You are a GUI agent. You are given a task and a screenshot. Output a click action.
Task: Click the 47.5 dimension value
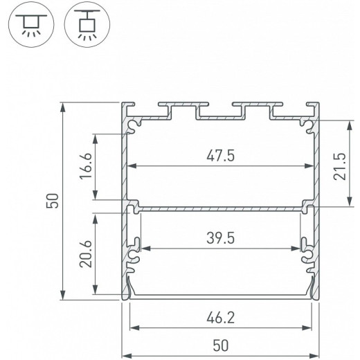click(220, 156)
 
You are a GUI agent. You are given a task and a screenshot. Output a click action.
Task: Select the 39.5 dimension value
click(220, 239)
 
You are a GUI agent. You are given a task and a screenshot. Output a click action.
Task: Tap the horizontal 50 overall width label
click(220, 344)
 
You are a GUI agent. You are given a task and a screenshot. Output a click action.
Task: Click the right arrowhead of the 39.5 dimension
click(305, 249)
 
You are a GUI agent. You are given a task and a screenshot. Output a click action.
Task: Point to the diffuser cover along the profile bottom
click(220, 296)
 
